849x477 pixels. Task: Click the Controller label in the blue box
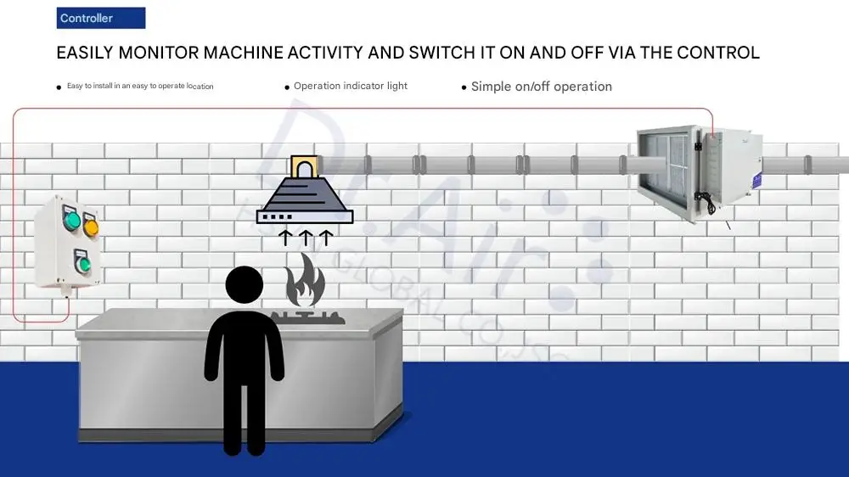(86, 18)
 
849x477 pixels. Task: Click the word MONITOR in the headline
(158, 53)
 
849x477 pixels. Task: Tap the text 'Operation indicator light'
(351, 86)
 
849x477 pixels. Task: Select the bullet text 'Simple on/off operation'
(541, 87)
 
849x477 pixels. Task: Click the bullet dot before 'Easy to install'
(59, 87)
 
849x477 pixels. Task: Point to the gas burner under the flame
(307, 317)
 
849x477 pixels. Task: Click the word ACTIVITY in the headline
(313, 53)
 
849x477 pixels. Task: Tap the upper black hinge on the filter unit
(698, 145)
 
